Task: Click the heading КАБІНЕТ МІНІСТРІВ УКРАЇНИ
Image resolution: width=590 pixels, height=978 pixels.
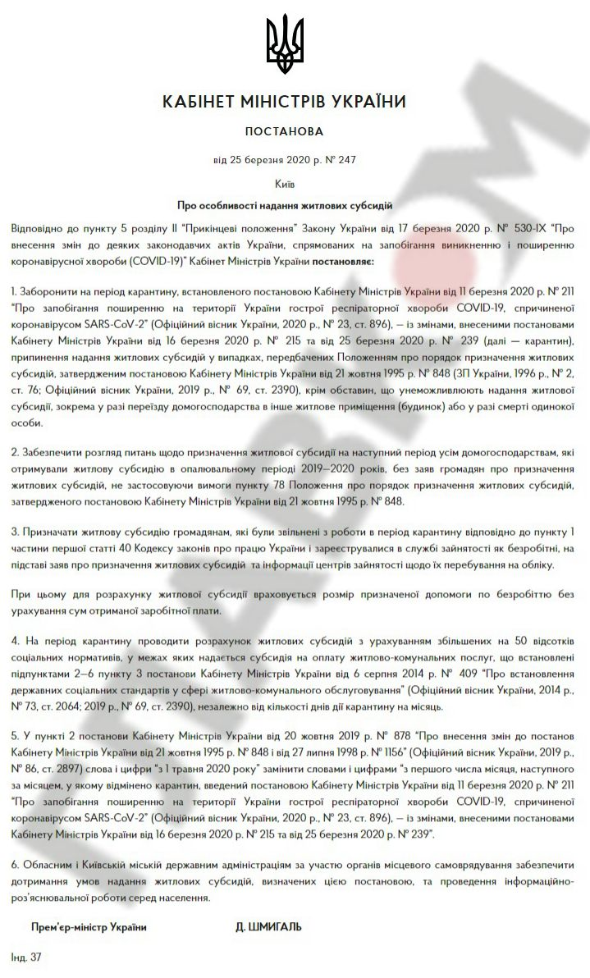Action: (x=284, y=103)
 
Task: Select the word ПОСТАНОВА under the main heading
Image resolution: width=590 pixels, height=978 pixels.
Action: (x=284, y=131)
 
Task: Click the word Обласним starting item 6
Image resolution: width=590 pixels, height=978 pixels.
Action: (x=46, y=867)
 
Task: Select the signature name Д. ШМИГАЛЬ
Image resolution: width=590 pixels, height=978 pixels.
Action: (x=268, y=926)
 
